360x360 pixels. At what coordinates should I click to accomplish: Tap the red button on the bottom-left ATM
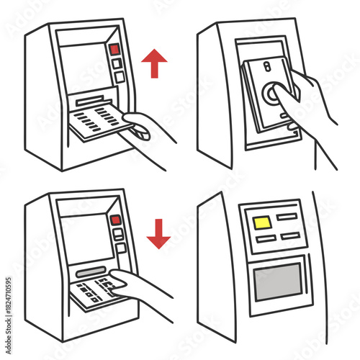[x=115, y=220]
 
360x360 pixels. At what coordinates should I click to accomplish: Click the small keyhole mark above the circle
[x=266, y=66]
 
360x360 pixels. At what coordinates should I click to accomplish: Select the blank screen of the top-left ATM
[x=84, y=68]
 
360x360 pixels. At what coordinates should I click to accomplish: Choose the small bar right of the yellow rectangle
[x=287, y=215]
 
